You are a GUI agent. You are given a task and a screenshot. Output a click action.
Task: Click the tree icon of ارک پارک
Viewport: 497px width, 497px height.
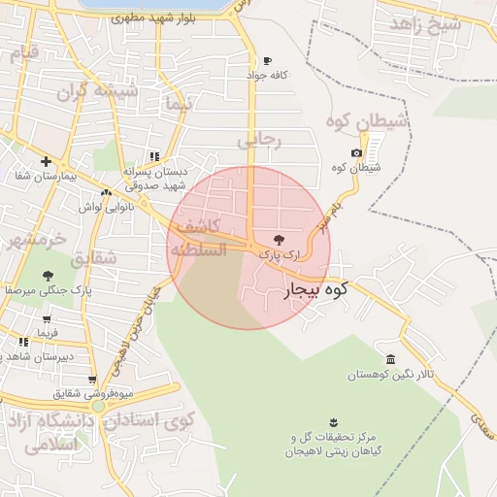[x=280, y=238]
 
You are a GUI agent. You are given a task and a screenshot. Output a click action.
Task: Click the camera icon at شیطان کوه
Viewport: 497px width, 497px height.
[x=357, y=153]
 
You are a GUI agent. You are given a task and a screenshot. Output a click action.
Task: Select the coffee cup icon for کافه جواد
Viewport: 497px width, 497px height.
[x=268, y=60]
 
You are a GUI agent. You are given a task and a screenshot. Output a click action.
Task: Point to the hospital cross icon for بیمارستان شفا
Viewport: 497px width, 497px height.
[x=46, y=162]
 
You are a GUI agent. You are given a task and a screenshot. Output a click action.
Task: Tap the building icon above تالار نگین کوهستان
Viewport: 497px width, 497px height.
[x=390, y=359]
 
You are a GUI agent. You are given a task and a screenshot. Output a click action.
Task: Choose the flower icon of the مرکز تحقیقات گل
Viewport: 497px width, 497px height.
[x=334, y=420]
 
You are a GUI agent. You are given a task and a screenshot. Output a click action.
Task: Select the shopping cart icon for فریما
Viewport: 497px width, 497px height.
[x=47, y=317]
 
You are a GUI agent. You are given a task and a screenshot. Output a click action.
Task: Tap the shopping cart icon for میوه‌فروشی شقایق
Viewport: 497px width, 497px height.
[x=92, y=380]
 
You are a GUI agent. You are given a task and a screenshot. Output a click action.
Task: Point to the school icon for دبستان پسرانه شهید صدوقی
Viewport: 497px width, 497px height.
[x=154, y=156]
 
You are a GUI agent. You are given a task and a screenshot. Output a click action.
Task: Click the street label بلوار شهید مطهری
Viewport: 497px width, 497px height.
[x=160, y=17]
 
